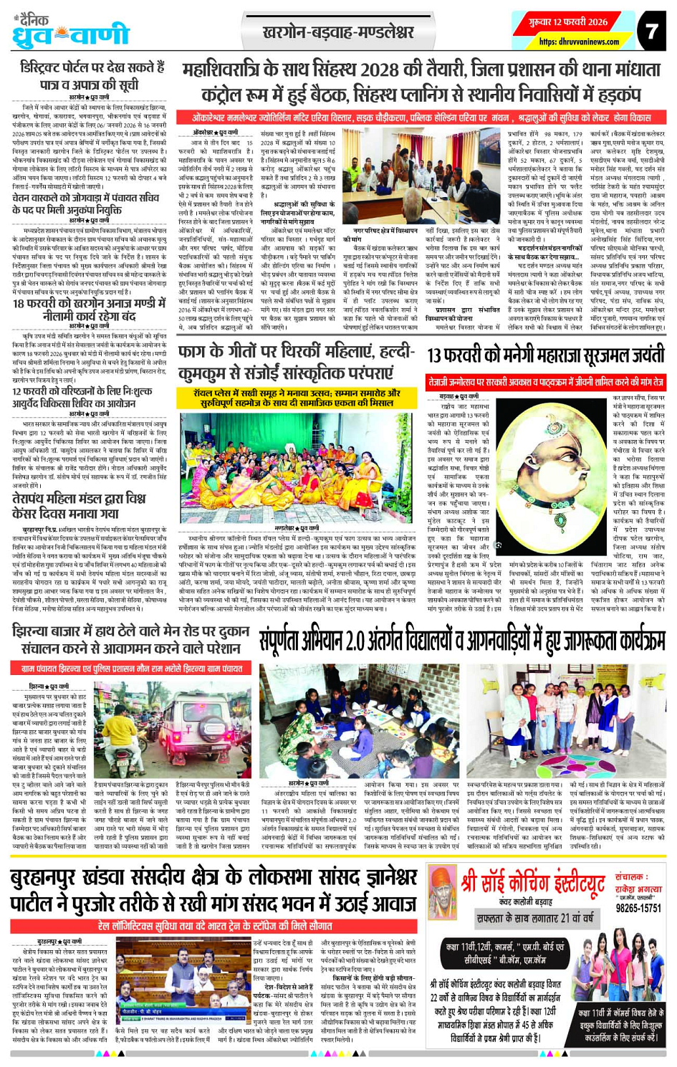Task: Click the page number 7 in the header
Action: pyautogui.click(x=650, y=32)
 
